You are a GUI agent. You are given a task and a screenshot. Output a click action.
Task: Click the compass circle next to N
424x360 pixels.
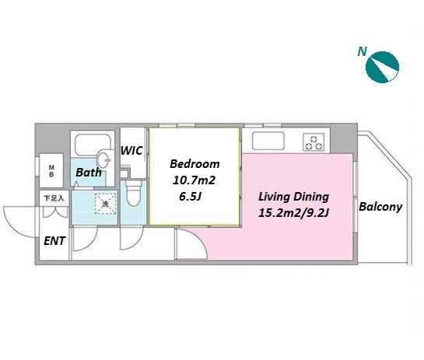[x=382, y=67]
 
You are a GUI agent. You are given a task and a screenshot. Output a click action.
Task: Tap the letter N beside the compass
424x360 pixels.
[x=363, y=51]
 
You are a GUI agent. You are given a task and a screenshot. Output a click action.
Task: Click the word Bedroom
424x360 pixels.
[x=194, y=164]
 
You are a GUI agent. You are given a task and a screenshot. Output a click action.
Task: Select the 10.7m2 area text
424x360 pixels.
[x=194, y=180]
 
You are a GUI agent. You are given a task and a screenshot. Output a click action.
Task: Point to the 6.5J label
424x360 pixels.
[x=191, y=197]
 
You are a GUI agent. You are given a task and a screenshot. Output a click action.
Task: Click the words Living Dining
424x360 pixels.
[x=293, y=197]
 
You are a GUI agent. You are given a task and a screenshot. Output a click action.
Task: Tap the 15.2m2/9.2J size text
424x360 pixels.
[x=293, y=213]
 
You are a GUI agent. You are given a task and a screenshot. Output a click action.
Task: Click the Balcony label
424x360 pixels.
[x=380, y=207]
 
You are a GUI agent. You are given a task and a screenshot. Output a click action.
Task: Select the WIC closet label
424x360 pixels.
[x=131, y=151]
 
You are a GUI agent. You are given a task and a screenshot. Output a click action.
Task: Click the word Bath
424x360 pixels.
[x=89, y=172]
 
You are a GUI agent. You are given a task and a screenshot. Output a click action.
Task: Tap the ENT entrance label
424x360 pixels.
[x=54, y=241]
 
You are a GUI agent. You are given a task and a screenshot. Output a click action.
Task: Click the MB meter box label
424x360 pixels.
[x=51, y=171]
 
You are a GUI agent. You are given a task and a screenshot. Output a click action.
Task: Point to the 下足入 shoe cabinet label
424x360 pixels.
[x=54, y=198]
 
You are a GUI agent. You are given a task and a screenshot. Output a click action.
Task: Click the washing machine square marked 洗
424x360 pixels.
[x=106, y=204]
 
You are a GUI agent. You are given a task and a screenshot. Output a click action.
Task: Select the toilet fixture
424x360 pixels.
[x=133, y=193]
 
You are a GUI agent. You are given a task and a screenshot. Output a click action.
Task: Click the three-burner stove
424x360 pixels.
[x=314, y=142]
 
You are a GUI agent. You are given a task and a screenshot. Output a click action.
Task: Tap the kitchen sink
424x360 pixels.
[x=268, y=141]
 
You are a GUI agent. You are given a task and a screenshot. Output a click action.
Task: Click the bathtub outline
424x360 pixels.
[x=93, y=145]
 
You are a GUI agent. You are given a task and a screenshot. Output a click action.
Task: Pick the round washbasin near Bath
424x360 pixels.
[x=103, y=160]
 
